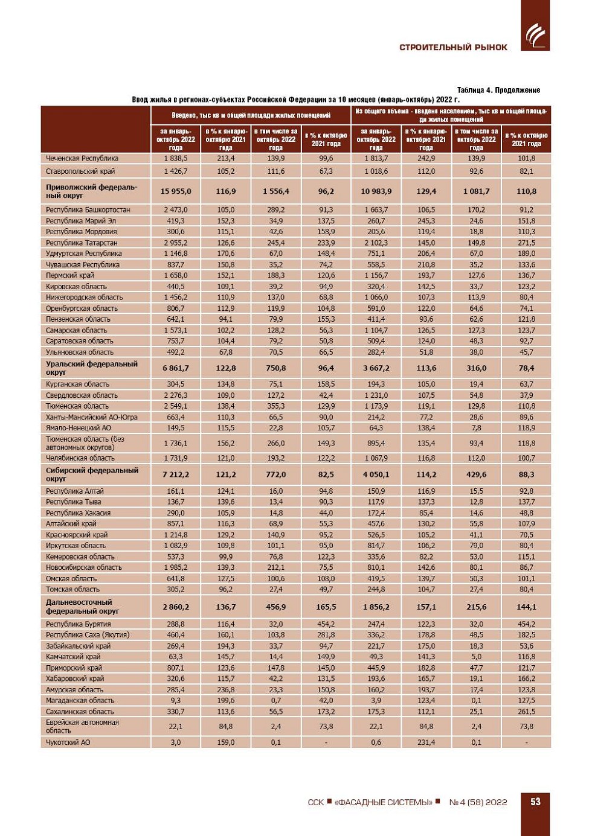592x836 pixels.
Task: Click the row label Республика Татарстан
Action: pos(82,243)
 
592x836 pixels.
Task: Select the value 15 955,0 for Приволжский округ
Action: pos(176,191)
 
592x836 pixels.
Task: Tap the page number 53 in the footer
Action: pos(535,802)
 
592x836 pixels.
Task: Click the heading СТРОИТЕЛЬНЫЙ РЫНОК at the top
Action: pos(453,48)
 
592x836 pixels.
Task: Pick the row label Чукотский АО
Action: pos(68,742)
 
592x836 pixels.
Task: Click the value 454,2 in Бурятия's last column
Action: pos(526,624)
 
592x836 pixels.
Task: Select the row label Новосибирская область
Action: pos(83,567)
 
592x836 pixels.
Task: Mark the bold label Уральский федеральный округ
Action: pos(91,368)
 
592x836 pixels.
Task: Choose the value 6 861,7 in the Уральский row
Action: pos(176,368)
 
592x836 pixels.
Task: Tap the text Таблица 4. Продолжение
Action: pos(498,90)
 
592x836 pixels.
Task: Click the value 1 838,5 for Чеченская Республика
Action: pos(176,158)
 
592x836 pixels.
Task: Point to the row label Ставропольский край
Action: pos(80,171)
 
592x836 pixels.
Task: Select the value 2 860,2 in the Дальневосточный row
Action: pos(176,607)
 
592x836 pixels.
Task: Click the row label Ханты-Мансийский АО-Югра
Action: pos(91,417)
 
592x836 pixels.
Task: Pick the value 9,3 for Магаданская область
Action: pos(176,701)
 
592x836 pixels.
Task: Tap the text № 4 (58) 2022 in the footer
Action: pos(478,802)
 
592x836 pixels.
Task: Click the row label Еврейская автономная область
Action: pos(82,727)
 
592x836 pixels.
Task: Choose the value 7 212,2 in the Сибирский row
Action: pos(176,474)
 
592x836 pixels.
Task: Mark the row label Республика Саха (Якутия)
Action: pos(88,635)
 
